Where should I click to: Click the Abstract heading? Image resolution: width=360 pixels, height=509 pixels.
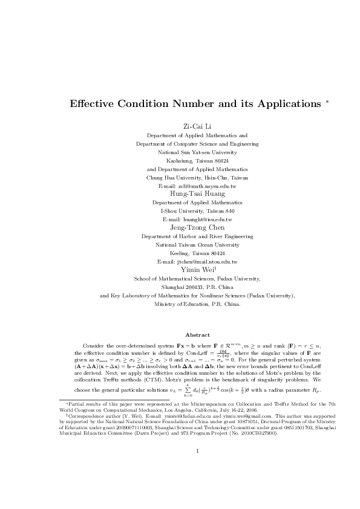tap(197, 335)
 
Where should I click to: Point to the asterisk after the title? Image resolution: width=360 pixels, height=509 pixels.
tap(327, 101)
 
